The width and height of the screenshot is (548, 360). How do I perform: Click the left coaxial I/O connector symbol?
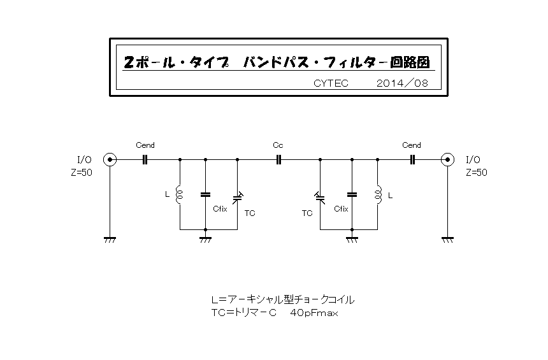[x=110, y=160]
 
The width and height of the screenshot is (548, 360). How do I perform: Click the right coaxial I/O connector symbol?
[x=447, y=160]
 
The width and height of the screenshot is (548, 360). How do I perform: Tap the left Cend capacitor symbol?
[x=145, y=160]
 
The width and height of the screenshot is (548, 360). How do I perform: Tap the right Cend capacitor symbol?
[x=412, y=160]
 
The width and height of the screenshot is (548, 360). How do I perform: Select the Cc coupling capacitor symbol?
[x=278, y=160]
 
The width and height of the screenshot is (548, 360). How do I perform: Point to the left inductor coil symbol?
[x=179, y=194]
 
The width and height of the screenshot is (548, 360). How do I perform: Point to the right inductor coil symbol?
[x=378, y=194]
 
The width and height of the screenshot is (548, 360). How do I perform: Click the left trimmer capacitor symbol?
[x=238, y=198]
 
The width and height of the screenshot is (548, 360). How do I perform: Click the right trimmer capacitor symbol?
[x=320, y=198]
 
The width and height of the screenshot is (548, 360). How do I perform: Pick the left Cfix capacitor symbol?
[x=205, y=194]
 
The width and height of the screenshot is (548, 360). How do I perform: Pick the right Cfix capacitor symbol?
[x=352, y=194]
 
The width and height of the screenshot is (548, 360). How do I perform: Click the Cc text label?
[x=278, y=145]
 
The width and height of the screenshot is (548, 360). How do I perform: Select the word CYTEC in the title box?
[x=331, y=83]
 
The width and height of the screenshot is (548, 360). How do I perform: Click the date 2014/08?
[x=402, y=83]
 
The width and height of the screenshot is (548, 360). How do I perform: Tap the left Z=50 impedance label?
[x=82, y=172]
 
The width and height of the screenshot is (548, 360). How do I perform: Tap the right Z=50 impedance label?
[x=477, y=172]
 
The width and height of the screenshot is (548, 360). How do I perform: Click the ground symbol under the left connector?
[x=110, y=240]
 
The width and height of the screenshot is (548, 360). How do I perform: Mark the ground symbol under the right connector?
[x=447, y=240]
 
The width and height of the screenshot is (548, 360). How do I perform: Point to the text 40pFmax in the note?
[x=314, y=313]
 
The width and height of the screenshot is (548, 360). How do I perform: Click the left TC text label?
[x=250, y=213]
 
